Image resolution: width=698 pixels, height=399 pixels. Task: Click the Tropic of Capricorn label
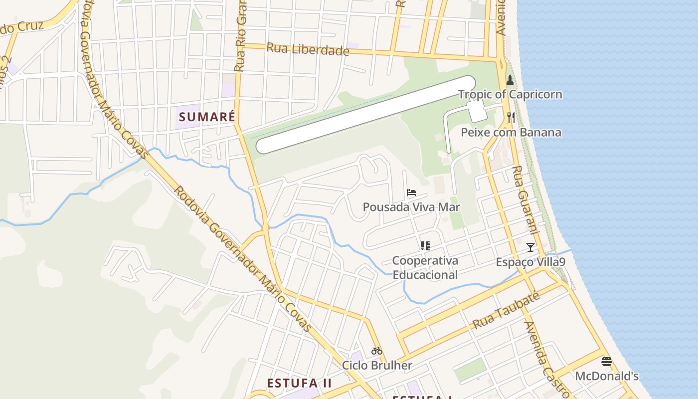[510, 94]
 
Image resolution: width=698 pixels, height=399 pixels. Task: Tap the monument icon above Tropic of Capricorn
[510, 80]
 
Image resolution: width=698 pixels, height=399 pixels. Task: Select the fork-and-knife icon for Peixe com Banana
[511, 118]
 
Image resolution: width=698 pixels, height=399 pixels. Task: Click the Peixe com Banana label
[511, 132]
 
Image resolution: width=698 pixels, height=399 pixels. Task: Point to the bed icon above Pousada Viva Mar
[411, 193]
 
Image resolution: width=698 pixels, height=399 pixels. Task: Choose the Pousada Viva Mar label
[411, 207]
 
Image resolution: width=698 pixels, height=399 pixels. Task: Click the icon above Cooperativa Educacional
[425, 245]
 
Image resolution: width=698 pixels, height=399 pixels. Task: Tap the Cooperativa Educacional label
[425, 267]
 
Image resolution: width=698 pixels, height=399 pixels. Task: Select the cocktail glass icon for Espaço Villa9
[530, 247]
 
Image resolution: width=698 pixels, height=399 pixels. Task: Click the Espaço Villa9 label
[530, 262]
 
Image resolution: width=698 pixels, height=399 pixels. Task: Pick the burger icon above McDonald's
[607, 362]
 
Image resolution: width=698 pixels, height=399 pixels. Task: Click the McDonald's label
[607, 376]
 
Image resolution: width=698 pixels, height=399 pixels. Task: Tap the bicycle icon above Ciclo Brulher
[377, 351]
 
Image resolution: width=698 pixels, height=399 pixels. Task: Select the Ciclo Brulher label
[377, 365]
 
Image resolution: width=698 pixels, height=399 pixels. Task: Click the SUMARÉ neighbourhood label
[207, 117]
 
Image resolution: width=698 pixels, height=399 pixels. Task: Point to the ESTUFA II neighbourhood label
[299, 383]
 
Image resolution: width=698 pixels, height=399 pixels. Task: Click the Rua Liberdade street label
[308, 49]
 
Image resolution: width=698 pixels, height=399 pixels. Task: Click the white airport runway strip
[365, 114]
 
